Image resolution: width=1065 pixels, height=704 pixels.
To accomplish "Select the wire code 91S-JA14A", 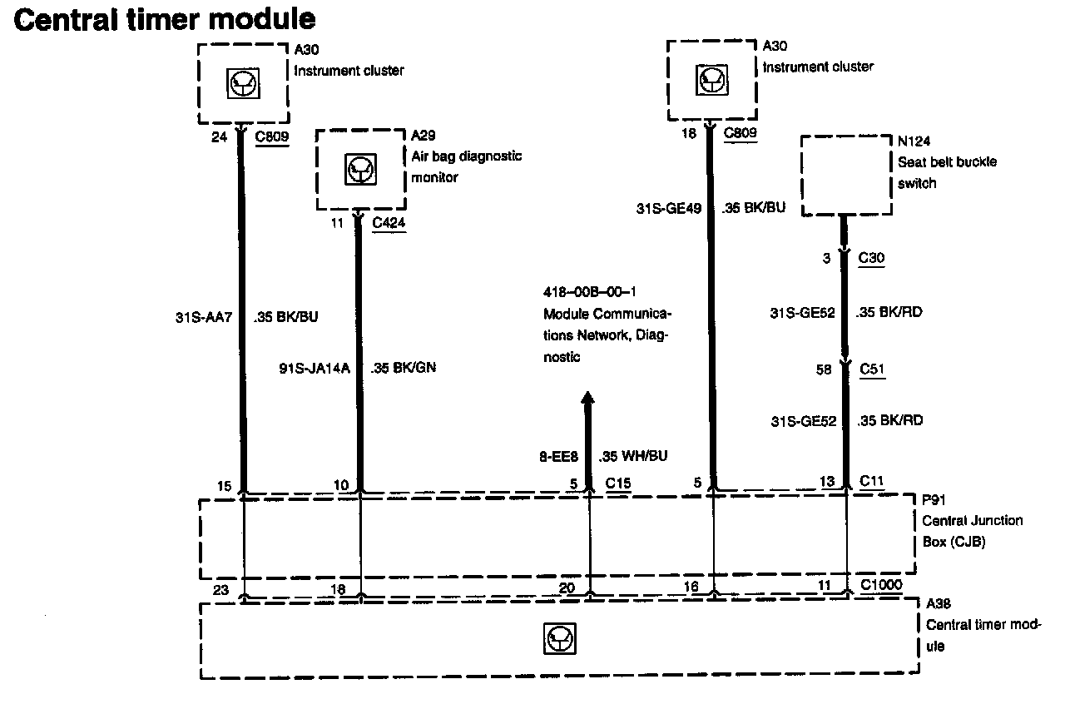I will click(x=313, y=367).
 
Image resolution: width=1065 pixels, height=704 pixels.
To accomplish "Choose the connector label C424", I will click(x=389, y=222).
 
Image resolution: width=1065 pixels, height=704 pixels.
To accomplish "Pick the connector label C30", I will click(x=871, y=258).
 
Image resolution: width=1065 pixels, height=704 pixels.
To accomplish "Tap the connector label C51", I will click(x=871, y=369).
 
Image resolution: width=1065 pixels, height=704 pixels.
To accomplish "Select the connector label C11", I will click(x=872, y=480).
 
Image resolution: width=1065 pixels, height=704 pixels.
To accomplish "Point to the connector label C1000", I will click(x=881, y=585).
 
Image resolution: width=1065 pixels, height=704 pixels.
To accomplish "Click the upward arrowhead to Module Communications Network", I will click(x=588, y=399).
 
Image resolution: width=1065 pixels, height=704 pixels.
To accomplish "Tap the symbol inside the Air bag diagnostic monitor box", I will click(x=361, y=170).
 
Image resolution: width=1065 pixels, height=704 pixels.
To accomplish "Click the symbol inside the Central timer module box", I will click(x=559, y=639).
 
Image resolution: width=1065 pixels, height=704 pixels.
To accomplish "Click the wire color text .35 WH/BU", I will click(x=632, y=456).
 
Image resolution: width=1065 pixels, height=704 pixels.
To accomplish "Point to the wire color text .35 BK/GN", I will click(x=404, y=367).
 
